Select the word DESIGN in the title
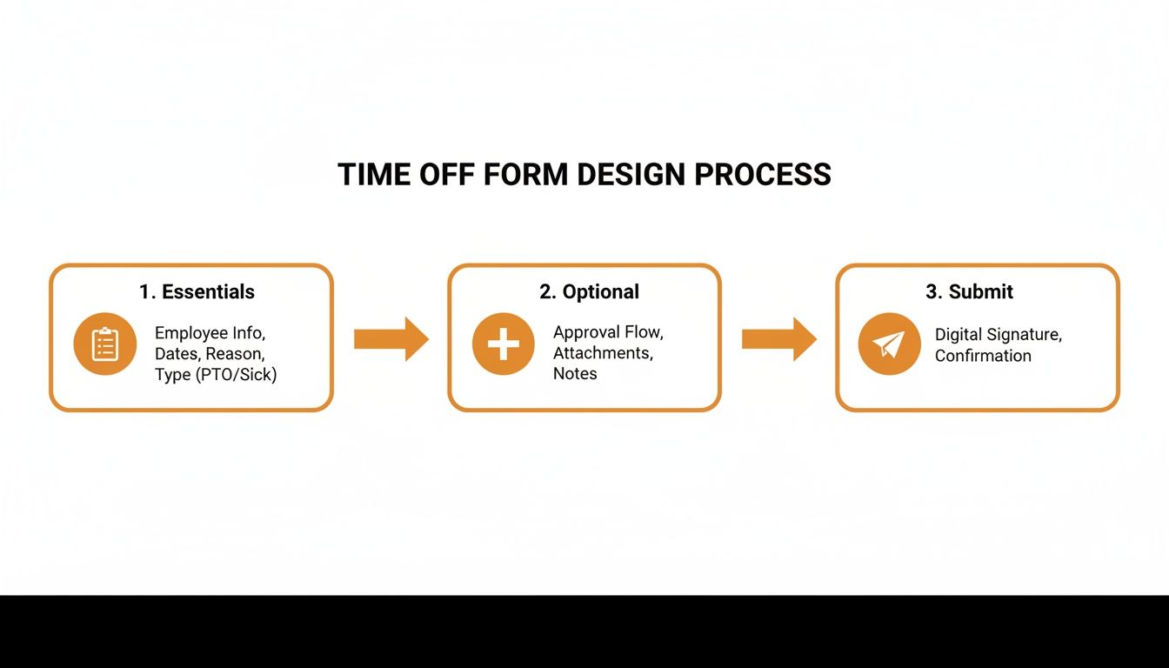631,175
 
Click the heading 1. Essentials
197,292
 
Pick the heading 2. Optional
589,292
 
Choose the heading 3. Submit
969,292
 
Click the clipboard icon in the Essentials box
105,344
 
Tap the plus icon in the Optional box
503,344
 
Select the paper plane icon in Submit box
889,344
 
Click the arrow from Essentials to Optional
391,339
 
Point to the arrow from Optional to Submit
778,339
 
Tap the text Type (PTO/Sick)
216,376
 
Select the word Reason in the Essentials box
234,354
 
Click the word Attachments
602,353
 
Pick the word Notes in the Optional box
575,374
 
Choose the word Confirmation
983,356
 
